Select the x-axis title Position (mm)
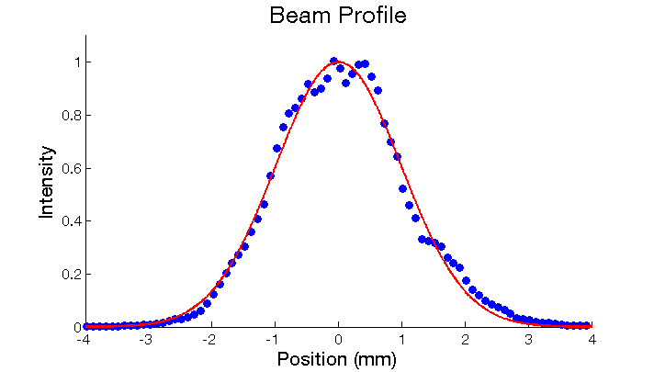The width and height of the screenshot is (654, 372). (x=337, y=358)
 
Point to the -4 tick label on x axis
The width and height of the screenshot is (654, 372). (x=84, y=339)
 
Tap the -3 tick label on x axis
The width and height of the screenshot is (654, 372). (x=147, y=339)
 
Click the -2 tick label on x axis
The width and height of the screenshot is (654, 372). (x=210, y=339)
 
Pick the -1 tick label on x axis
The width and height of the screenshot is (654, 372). (x=274, y=339)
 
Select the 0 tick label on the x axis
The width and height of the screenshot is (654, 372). (x=339, y=339)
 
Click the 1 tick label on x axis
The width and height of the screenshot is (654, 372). (x=402, y=339)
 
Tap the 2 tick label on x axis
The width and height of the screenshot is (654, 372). (x=466, y=339)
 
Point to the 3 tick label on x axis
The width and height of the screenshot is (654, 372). (x=529, y=339)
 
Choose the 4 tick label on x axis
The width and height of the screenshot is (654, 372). (x=592, y=339)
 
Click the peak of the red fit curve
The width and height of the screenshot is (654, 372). (x=339, y=62)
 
